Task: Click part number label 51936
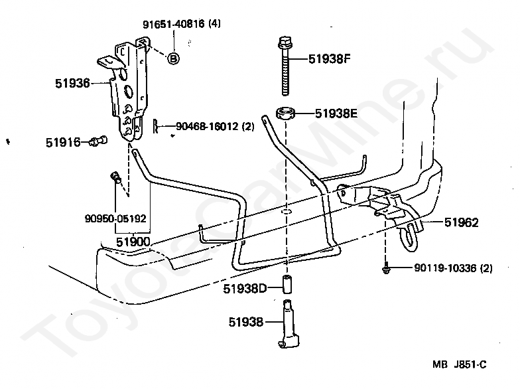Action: click(72, 84)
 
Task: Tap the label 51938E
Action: click(336, 114)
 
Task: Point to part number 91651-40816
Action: click(172, 25)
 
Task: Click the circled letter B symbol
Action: click(173, 58)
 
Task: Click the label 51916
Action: click(63, 141)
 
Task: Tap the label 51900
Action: click(133, 242)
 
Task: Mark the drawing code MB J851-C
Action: click(460, 364)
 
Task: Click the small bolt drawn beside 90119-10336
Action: click(385, 268)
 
